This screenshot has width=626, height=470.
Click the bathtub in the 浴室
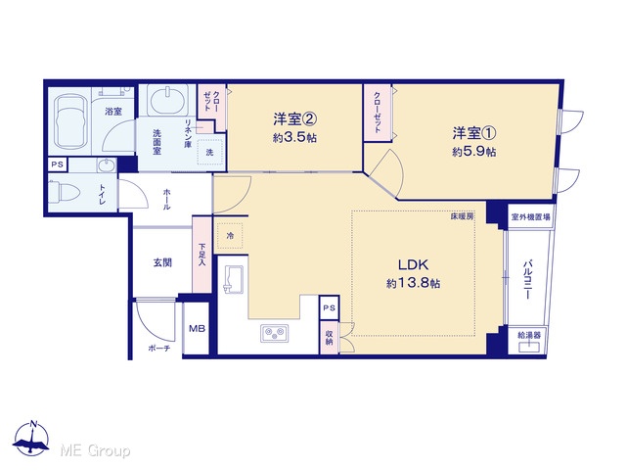click(x=72, y=122)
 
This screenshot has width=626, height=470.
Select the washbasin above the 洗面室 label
click(x=167, y=100)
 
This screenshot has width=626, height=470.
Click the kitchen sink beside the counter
click(x=233, y=280)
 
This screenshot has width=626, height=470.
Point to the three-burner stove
click(x=274, y=333)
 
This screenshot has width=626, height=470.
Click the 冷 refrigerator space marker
click(x=230, y=236)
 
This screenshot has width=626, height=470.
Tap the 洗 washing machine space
click(x=210, y=152)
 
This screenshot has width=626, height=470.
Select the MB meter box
click(x=197, y=329)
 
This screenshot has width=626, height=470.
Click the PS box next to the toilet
click(x=58, y=164)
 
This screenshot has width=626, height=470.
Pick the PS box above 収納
click(x=330, y=307)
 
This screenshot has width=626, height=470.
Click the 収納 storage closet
click(x=330, y=338)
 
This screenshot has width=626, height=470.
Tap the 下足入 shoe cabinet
click(x=202, y=255)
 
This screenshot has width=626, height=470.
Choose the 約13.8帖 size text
click(x=413, y=283)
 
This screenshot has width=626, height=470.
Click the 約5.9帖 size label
click(x=473, y=152)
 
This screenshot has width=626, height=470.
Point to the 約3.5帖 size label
click(x=295, y=137)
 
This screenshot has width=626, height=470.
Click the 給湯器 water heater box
click(x=529, y=341)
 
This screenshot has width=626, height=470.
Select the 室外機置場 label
click(x=530, y=217)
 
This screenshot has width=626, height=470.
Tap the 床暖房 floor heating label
click(x=462, y=216)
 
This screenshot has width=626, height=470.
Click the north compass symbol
click(x=31, y=439)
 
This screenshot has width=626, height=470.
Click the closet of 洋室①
click(x=378, y=113)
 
